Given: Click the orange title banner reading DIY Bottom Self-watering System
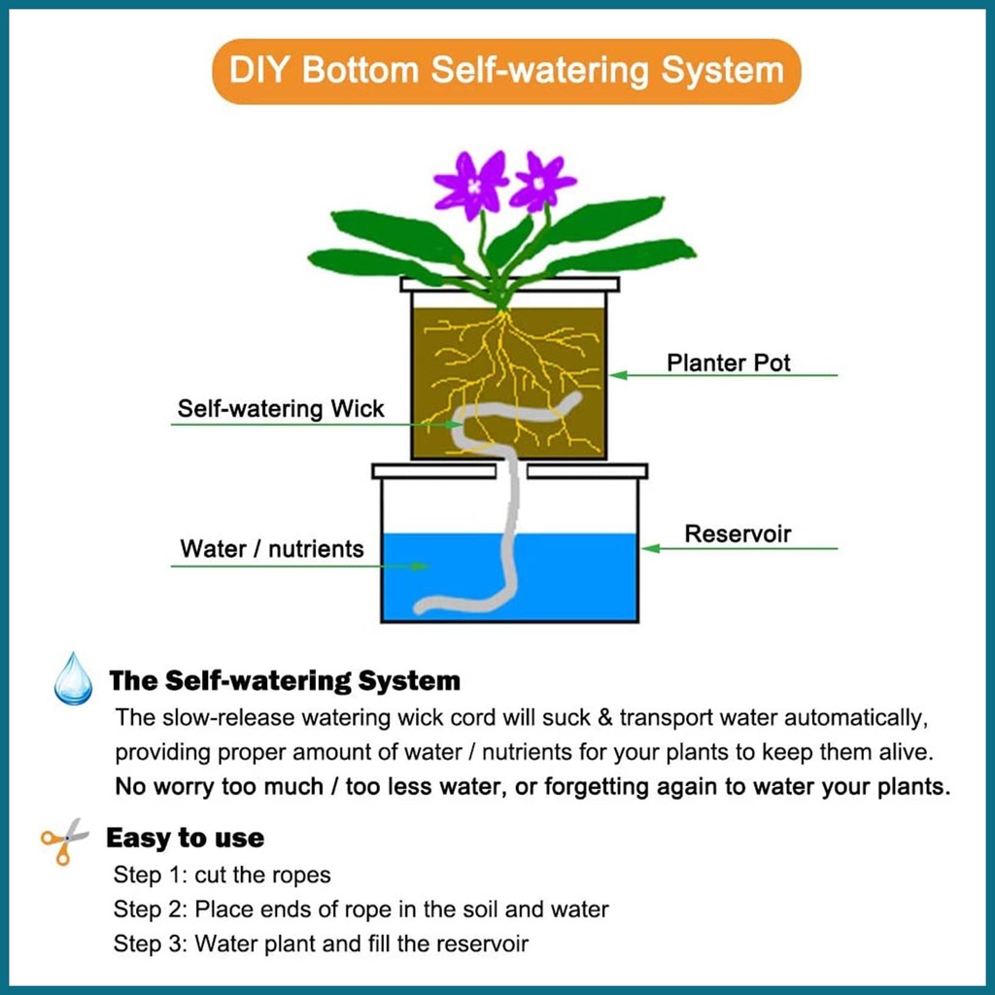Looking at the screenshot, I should point(506,71).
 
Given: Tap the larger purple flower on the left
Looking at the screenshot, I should point(472,184).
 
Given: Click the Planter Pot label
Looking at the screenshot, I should point(729,363).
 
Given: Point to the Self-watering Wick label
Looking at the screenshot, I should point(281,408).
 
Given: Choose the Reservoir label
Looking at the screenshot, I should point(738,533).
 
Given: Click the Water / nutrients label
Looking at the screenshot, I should point(272,548).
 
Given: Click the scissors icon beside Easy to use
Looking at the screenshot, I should point(64,840).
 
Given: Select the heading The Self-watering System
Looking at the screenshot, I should point(285,680).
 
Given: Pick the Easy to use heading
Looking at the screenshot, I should point(185,838).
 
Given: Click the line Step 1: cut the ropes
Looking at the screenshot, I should point(223,875).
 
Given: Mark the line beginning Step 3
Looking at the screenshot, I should point(322,944).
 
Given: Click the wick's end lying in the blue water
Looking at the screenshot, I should point(423,609).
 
